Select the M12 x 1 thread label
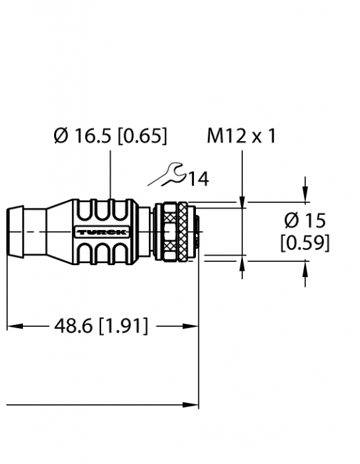(242, 136)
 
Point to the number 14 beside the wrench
(198, 179)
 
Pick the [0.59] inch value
(305, 243)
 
